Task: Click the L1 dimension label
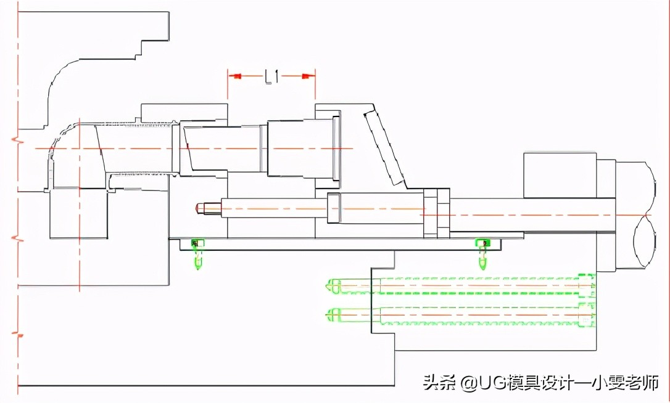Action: click(x=272, y=76)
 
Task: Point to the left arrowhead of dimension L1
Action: click(x=235, y=76)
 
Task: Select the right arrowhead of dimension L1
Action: click(x=308, y=76)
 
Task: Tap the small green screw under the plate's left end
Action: click(x=198, y=253)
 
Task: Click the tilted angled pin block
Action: click(x=383, y=146)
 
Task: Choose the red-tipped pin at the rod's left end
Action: click(x=199, y=208)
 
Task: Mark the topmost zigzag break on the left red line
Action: click(x=19, y=141)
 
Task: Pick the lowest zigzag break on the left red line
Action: click(x=19, y=336)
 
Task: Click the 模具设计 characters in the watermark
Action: click(x=542, y=383)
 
